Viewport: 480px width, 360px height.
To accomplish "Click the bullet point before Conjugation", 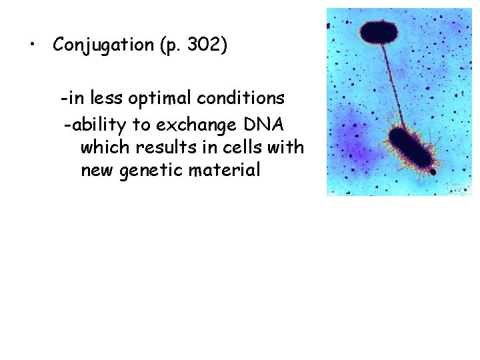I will click(31, 45).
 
